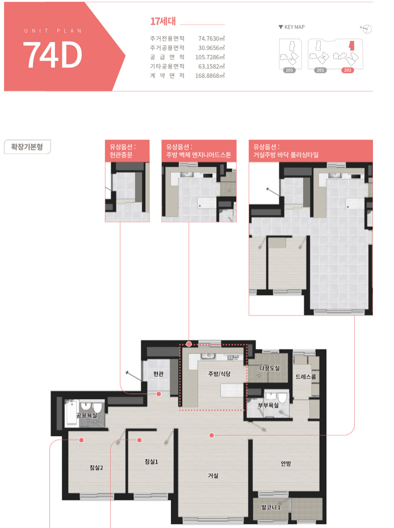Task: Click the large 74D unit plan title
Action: click(52, 55)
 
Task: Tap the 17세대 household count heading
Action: click(163, 21)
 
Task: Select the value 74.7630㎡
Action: click(211, 39)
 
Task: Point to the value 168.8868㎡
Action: click(210, 76)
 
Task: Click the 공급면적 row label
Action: click(167, 57)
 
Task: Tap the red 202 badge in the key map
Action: click(347, 70)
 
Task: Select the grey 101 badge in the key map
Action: click(290, 70)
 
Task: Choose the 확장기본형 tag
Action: click(27, 147)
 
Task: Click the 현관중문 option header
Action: click(127, 151)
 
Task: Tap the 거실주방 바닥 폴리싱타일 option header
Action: click(311, 151)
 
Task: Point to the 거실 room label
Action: click(213, 476)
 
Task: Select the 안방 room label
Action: click(286, 463)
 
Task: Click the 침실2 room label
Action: click(96, 467)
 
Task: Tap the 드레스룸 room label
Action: click(306, 377)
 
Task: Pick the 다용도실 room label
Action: click(270, 368)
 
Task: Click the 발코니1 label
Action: click(271, 507)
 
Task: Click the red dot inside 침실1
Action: click(139, 440)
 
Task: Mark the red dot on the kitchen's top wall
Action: click(189, 344)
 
